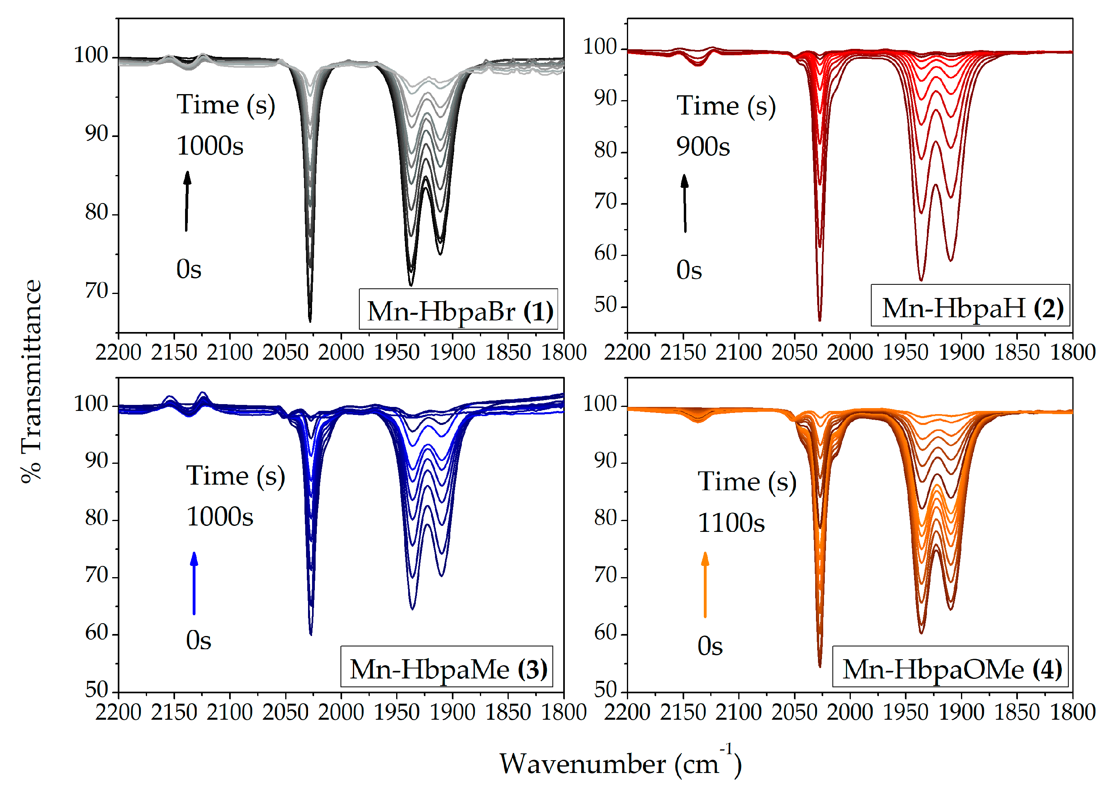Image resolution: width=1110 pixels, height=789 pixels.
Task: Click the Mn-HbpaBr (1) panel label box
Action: (458, 310)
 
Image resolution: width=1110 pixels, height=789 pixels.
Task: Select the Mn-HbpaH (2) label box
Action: (970, 306)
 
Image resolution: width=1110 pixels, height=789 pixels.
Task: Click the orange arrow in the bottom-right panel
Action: (705, 584)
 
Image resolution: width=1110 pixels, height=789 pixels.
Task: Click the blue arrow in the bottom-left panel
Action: (194, 583)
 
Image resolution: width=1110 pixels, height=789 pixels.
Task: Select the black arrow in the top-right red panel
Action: (685, 203)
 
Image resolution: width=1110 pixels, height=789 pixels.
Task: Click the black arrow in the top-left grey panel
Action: (187, 200)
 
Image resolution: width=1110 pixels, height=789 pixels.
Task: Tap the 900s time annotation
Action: (703, 146)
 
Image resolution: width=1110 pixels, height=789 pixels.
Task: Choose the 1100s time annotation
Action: (731, 523)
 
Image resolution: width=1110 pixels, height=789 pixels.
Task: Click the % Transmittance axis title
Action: (32, 381)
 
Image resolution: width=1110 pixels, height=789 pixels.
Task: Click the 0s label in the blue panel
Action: (198, 640)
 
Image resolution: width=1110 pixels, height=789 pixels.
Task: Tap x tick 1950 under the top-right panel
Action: (905, 352)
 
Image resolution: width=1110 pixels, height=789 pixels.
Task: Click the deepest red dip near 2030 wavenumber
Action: (820, 318)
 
